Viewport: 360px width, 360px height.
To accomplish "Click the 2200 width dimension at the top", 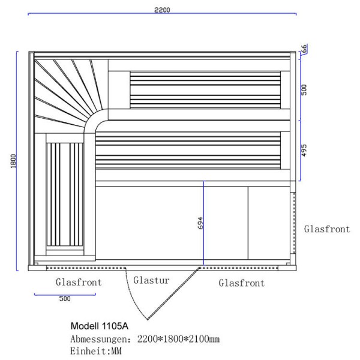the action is coord(162,10).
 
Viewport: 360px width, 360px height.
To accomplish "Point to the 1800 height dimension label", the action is coord(14,161).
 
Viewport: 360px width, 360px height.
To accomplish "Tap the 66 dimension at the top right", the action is coord(304,49).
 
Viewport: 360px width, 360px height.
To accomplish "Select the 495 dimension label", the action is coord(304,151).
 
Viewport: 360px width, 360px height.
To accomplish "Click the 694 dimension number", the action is coord(200,223).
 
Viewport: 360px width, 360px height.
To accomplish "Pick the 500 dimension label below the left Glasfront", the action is coord(65,299).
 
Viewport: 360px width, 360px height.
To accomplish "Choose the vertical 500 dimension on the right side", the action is coord(304,90).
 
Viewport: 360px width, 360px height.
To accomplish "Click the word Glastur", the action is coord(151,280).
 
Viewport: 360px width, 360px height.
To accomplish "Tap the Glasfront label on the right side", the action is coord(327,229).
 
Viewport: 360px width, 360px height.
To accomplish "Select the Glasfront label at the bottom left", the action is coord(79,282).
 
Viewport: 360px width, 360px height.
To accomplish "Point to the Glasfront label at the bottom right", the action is coord(242,283).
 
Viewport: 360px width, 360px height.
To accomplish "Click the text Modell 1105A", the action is coord(100,326).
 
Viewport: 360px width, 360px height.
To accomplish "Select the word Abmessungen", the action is coord(99,339).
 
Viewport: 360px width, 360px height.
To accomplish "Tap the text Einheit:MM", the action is coord(96,351).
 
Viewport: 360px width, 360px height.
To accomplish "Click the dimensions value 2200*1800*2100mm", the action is coord(178,339).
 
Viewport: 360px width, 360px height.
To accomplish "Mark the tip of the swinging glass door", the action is coord(148,319).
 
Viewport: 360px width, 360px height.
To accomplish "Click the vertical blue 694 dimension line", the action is coord(203,223).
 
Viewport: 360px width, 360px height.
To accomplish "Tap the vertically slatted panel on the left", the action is coord(65,194).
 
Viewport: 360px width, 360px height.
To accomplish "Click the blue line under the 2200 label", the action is coord(162,14).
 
